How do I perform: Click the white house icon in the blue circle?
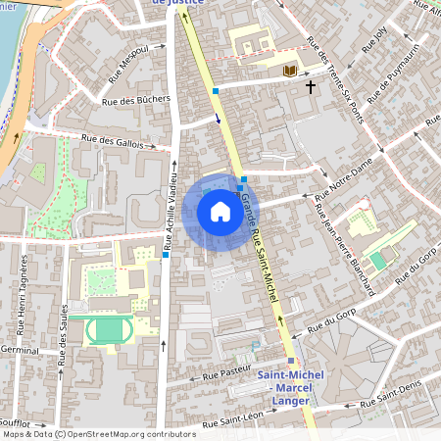coord(220,212)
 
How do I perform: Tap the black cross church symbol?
coord(311,87)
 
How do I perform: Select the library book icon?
coord(289,71)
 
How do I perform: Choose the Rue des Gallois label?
coord(119,142)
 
